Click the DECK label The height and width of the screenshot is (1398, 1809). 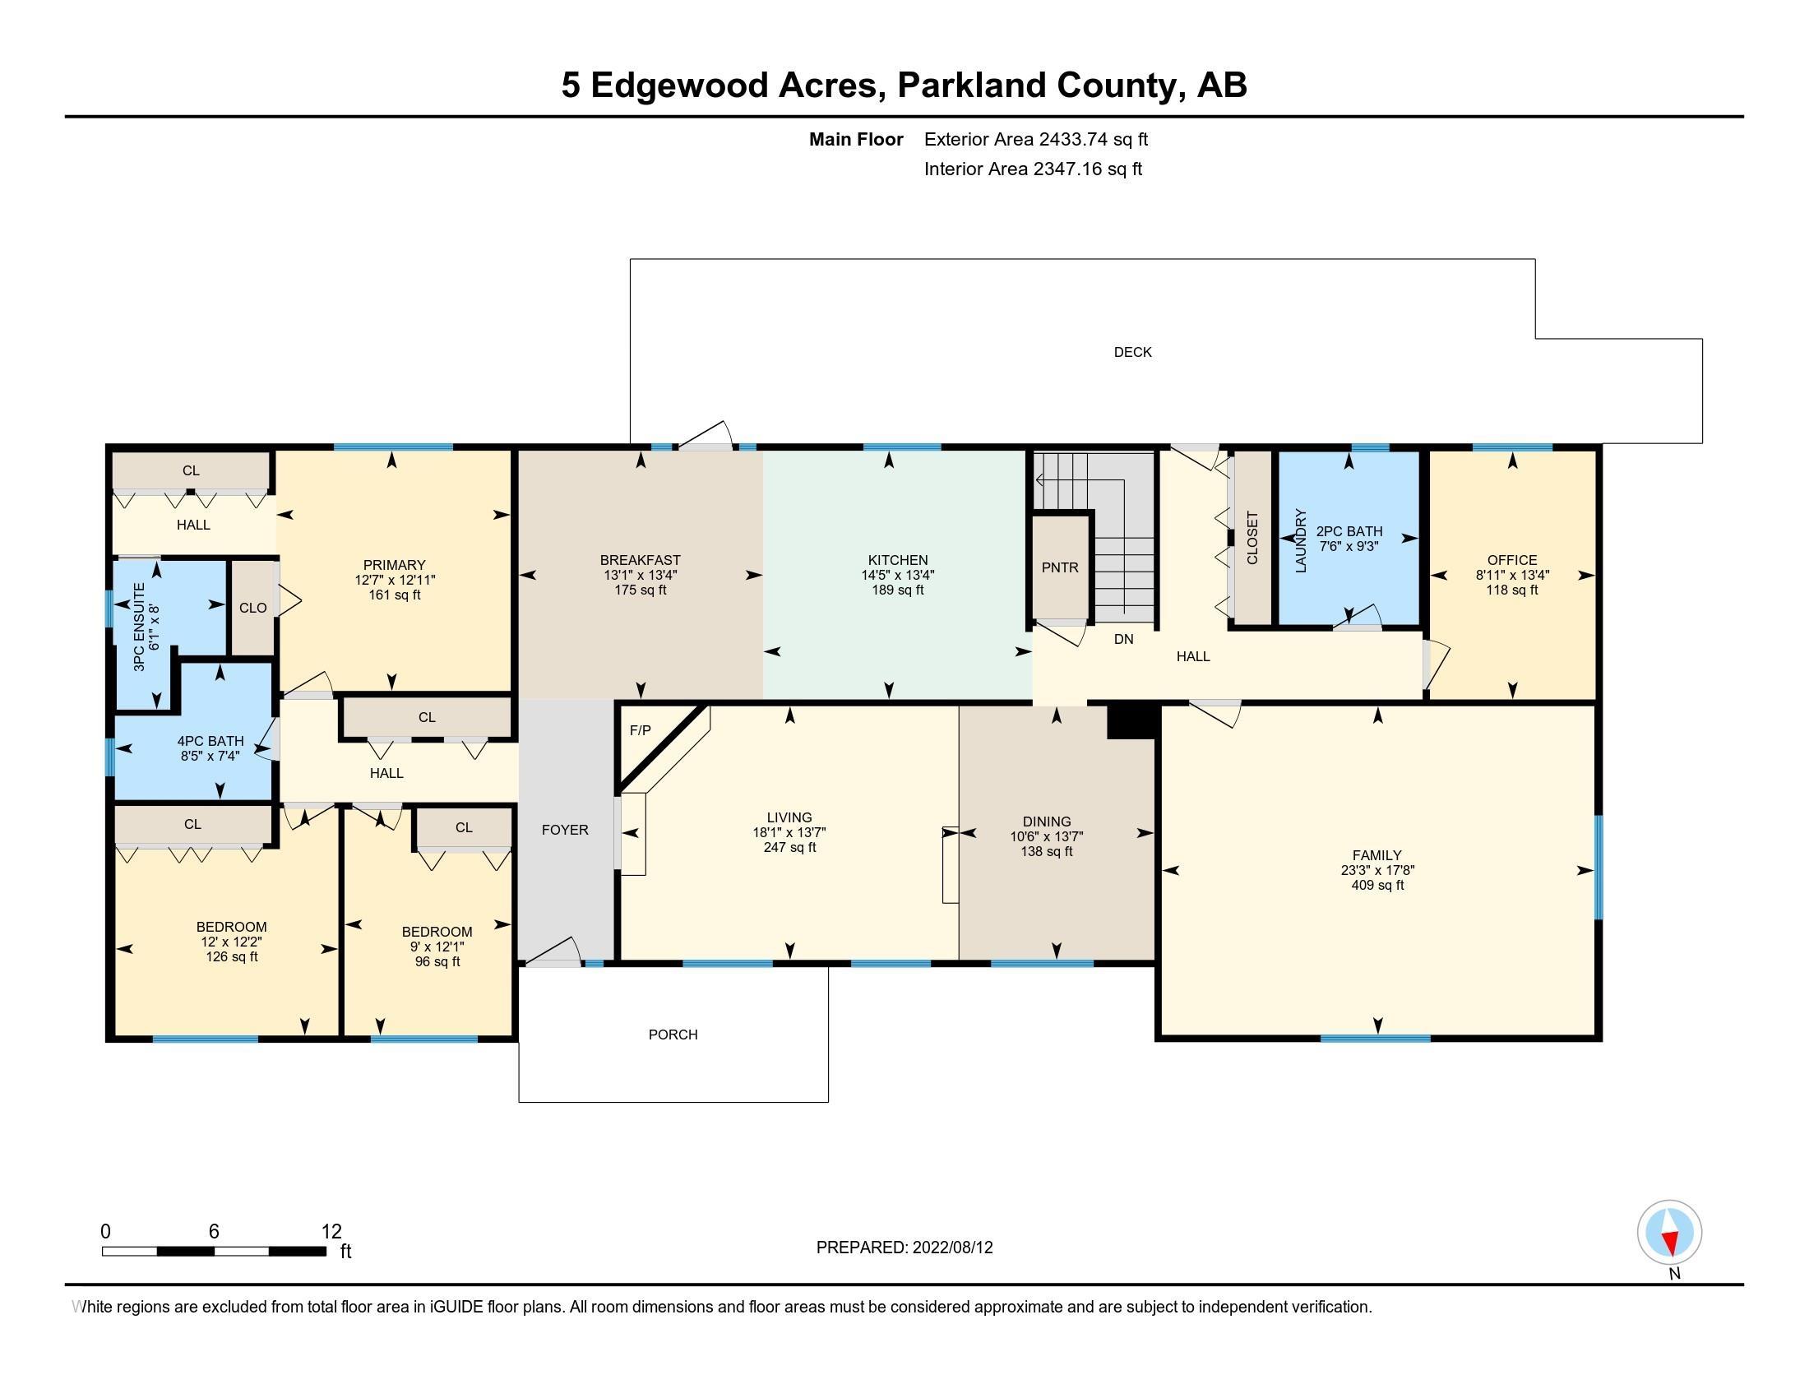pyautogui.click(x=1132, y=352)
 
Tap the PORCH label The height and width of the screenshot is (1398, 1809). pyautogui.click(x=673, y=1035)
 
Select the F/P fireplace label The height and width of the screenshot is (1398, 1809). pyautogui.click(x=641, y=730)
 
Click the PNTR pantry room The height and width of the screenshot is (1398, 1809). pyautogui.click(x=1060, y=567)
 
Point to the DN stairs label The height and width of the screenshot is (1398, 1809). pyautogui.click(x=1123, y=639)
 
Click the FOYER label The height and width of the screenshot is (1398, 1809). pyautogui.click(x=565, y=830)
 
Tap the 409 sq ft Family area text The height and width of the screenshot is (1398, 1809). pyautogui.click(x=1377, y=886)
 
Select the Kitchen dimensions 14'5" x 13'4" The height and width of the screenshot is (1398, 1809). pyautogui.click(x=898, y=575)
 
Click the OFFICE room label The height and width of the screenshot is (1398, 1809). pyautogui.click(x=1511, y=560)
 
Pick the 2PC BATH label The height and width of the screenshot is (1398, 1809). pyautogui.click(x=1349, y=532)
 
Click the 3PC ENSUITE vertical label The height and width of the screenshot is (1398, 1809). pyautogui.click(x=139, y=626)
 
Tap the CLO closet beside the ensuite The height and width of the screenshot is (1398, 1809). pyautogui.click(x=252, y=608)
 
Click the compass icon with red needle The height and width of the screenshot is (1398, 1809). pyautogui.click(x=1669, y=1233)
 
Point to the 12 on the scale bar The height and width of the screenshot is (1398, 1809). pyautogui.click(x=331, y=1232)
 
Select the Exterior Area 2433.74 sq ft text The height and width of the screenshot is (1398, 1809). pyautogui.click(x=1035, y=139)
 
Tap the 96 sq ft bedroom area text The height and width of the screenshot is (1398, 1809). pyautogui.click(x=437, y=961)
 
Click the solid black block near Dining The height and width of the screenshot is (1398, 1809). pyautogui.click(x=1131, y=720)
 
